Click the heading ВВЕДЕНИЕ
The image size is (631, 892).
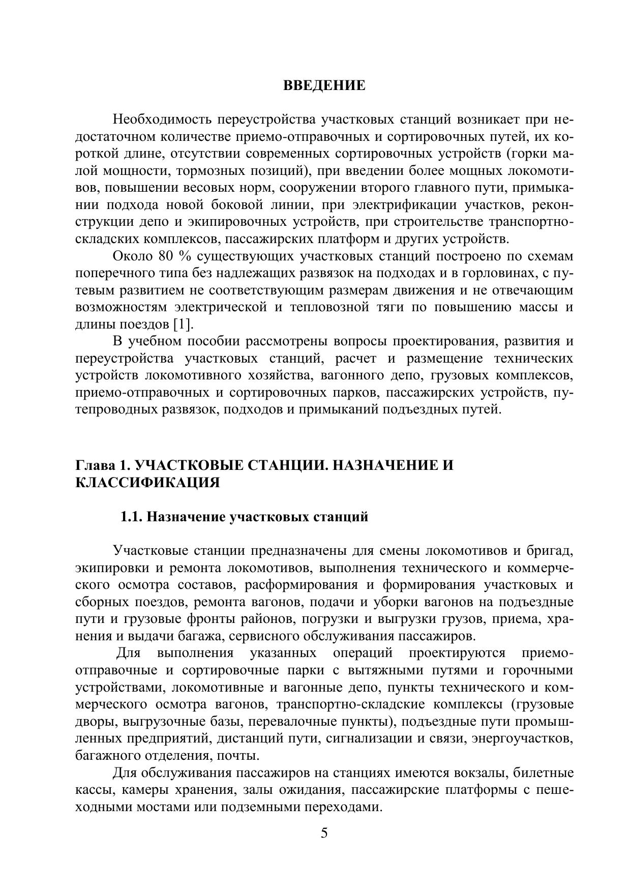(324, 85)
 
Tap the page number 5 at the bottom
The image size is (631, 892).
(324, 833)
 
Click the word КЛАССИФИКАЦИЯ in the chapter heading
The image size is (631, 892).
(147, 482)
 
